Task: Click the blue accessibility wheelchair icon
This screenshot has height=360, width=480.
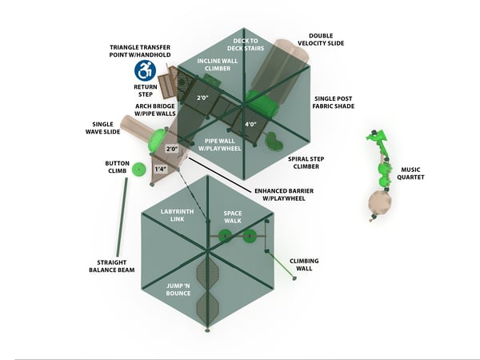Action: (x=145, y=70)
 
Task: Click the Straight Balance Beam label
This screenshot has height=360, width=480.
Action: (x=114, y=266)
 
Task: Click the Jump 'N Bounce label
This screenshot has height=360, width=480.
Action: (x=178, y=289)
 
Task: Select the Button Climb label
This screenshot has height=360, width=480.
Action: (x=117, y=167)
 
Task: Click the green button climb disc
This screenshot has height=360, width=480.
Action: (x=138, y=169)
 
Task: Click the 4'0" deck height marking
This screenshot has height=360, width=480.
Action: (x=250, y=124)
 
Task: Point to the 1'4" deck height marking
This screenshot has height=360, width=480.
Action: (x=160, y=169)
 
